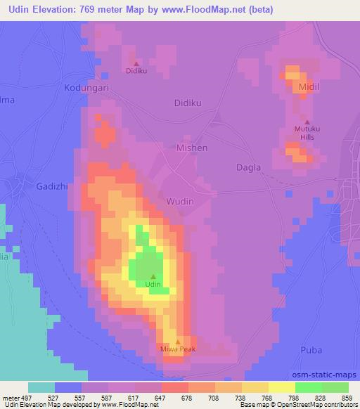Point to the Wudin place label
pyautogui.click(x=179, y=202)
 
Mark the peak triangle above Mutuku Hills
pyautogui.click(x=307, y=122)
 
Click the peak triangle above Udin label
pyautogui.click(x=153, y=275)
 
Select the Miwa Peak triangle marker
pyautogui.click(x=177, y=341)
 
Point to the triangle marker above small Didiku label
pyautogui.click(x=136, y=63)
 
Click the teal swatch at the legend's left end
pyautogui.click(x=41, y=387)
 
